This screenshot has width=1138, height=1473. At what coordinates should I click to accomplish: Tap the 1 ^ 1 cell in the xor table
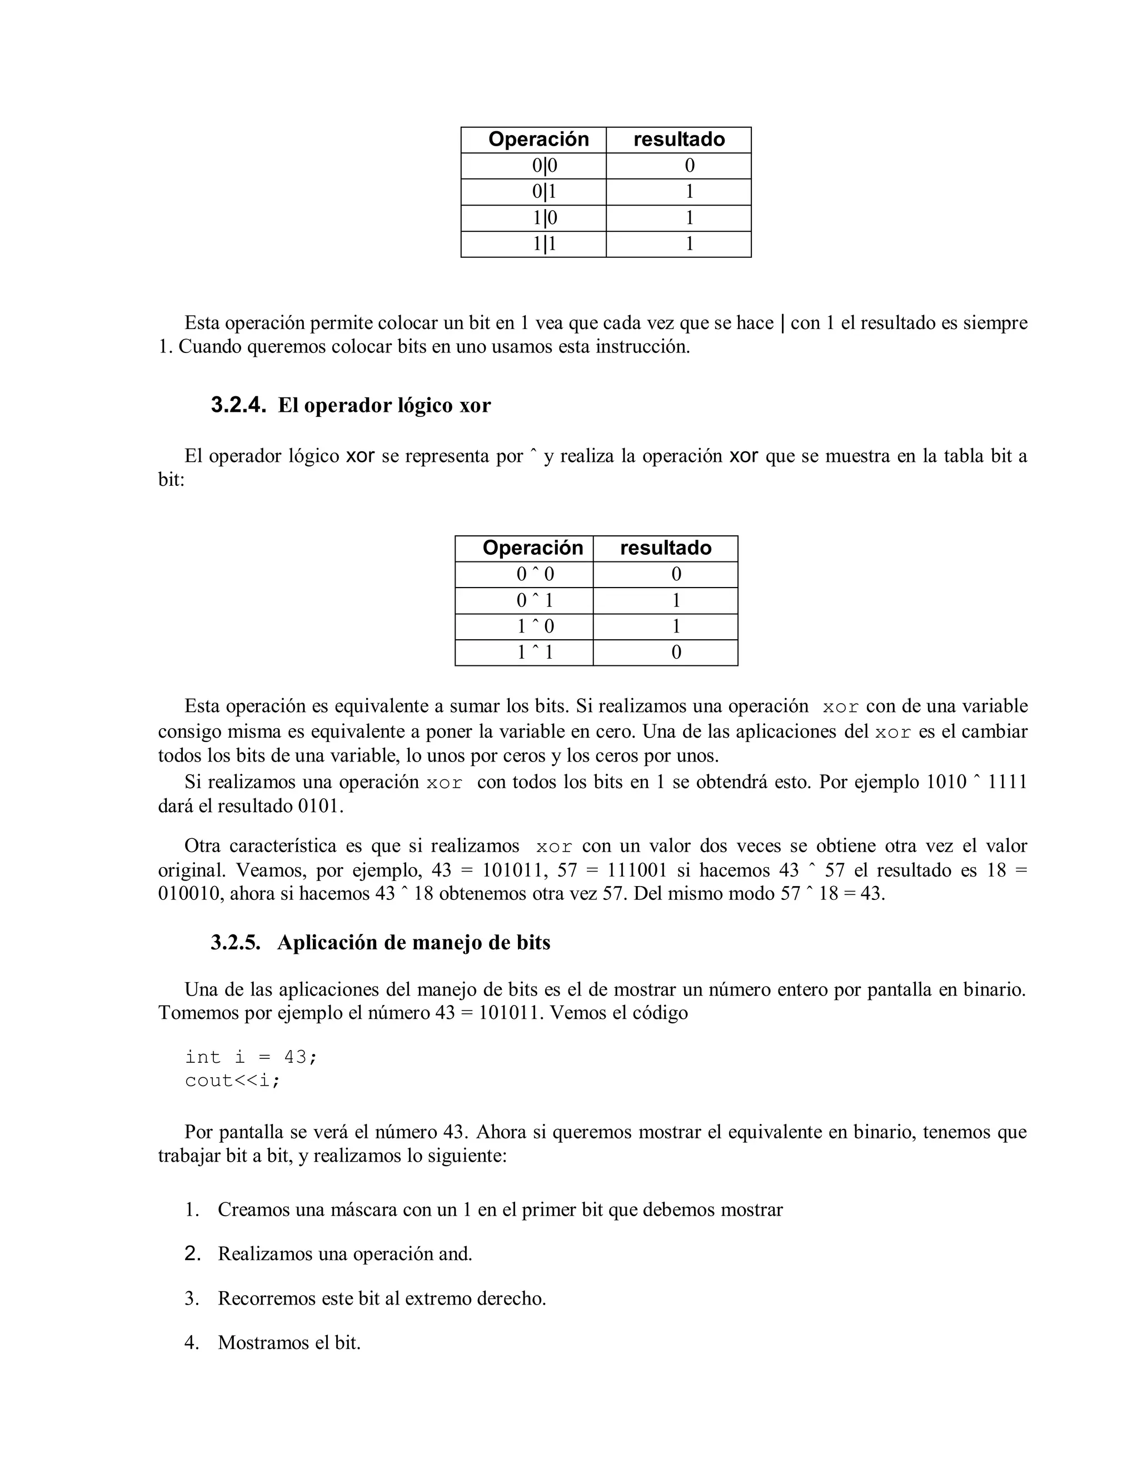click(x=535, y=652)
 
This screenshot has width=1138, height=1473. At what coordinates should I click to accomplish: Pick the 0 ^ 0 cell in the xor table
click(x=535, y=574)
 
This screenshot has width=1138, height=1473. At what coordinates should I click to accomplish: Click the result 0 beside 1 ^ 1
click(x=676, y=652)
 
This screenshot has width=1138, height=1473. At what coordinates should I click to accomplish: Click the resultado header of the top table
click(x=679, y=139)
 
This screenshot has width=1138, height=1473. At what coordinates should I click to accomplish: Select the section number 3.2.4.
click(x=238, y=405)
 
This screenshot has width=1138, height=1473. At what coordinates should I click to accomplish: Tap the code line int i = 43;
click(x=250, y=1057)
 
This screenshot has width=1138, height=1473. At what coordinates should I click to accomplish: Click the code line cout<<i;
click(x=232, y=1081)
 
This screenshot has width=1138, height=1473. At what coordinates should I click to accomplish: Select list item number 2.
click(x=193, y=1254)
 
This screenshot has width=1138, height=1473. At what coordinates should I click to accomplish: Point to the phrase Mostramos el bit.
click(x=289, y=1342)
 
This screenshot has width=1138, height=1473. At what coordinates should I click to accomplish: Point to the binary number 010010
click(x=192, y=894)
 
